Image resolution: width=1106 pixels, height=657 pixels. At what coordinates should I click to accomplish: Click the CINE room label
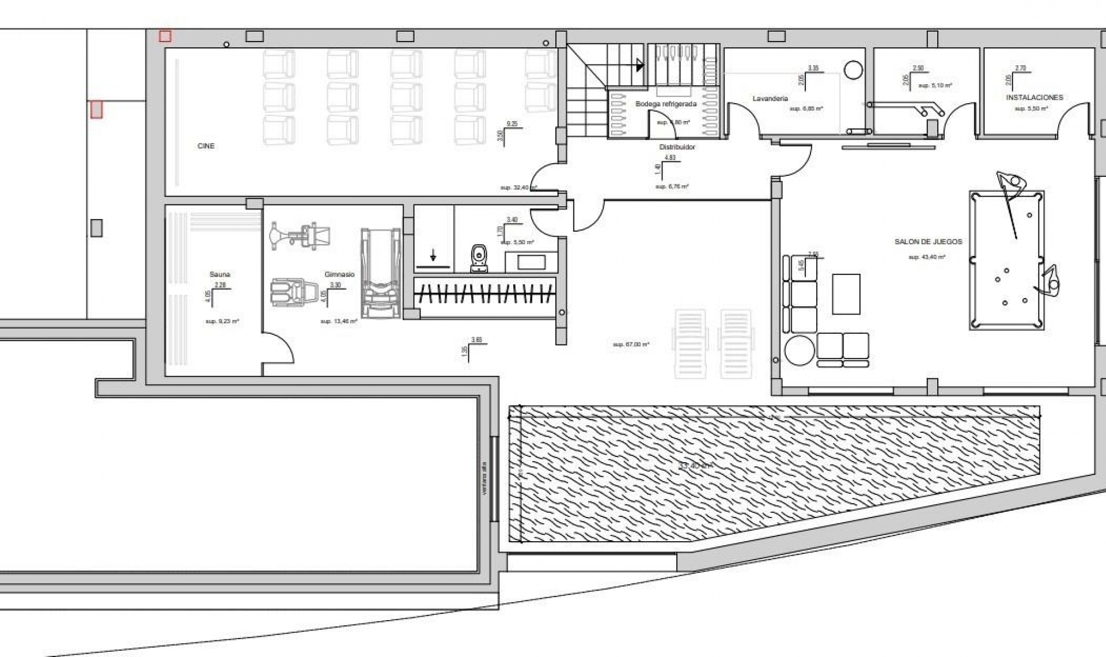click(x=206, y=146)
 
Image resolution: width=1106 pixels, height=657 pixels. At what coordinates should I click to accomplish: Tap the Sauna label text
click(x=219, y=275)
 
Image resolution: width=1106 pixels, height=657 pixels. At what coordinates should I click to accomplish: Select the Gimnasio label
click(x=339, y=275)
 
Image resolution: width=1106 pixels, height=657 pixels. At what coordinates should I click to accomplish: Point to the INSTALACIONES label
click(x=1035, y=98)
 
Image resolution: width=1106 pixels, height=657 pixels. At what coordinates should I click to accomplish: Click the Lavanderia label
click(x=770, y=99)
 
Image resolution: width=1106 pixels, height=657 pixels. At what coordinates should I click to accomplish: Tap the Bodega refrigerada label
click(x=666, y=104)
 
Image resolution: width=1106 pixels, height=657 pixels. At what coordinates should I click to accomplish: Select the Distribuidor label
click(x=677, y=147)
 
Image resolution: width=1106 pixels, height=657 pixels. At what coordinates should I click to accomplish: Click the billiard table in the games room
click(x=1006, y=260)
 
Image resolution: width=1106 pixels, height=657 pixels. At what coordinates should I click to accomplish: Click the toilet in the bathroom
click(x=479, y=259)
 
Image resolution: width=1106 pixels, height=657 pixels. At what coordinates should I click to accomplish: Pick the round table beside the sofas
click(x=799, y=350)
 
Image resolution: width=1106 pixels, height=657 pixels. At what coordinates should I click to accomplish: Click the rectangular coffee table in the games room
click(x=846, y=294)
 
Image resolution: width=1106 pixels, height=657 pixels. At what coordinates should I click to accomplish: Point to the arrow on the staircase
click(x=639, y=65)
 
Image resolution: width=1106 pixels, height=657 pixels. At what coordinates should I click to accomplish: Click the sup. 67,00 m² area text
click(x=631, y=345)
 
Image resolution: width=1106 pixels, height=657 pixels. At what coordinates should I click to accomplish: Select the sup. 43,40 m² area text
click(x=926, y=257)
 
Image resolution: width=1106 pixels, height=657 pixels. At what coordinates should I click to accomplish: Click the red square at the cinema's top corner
click(x=165, y=36)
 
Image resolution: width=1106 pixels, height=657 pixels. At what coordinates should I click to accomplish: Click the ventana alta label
click(x=484, y=478)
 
